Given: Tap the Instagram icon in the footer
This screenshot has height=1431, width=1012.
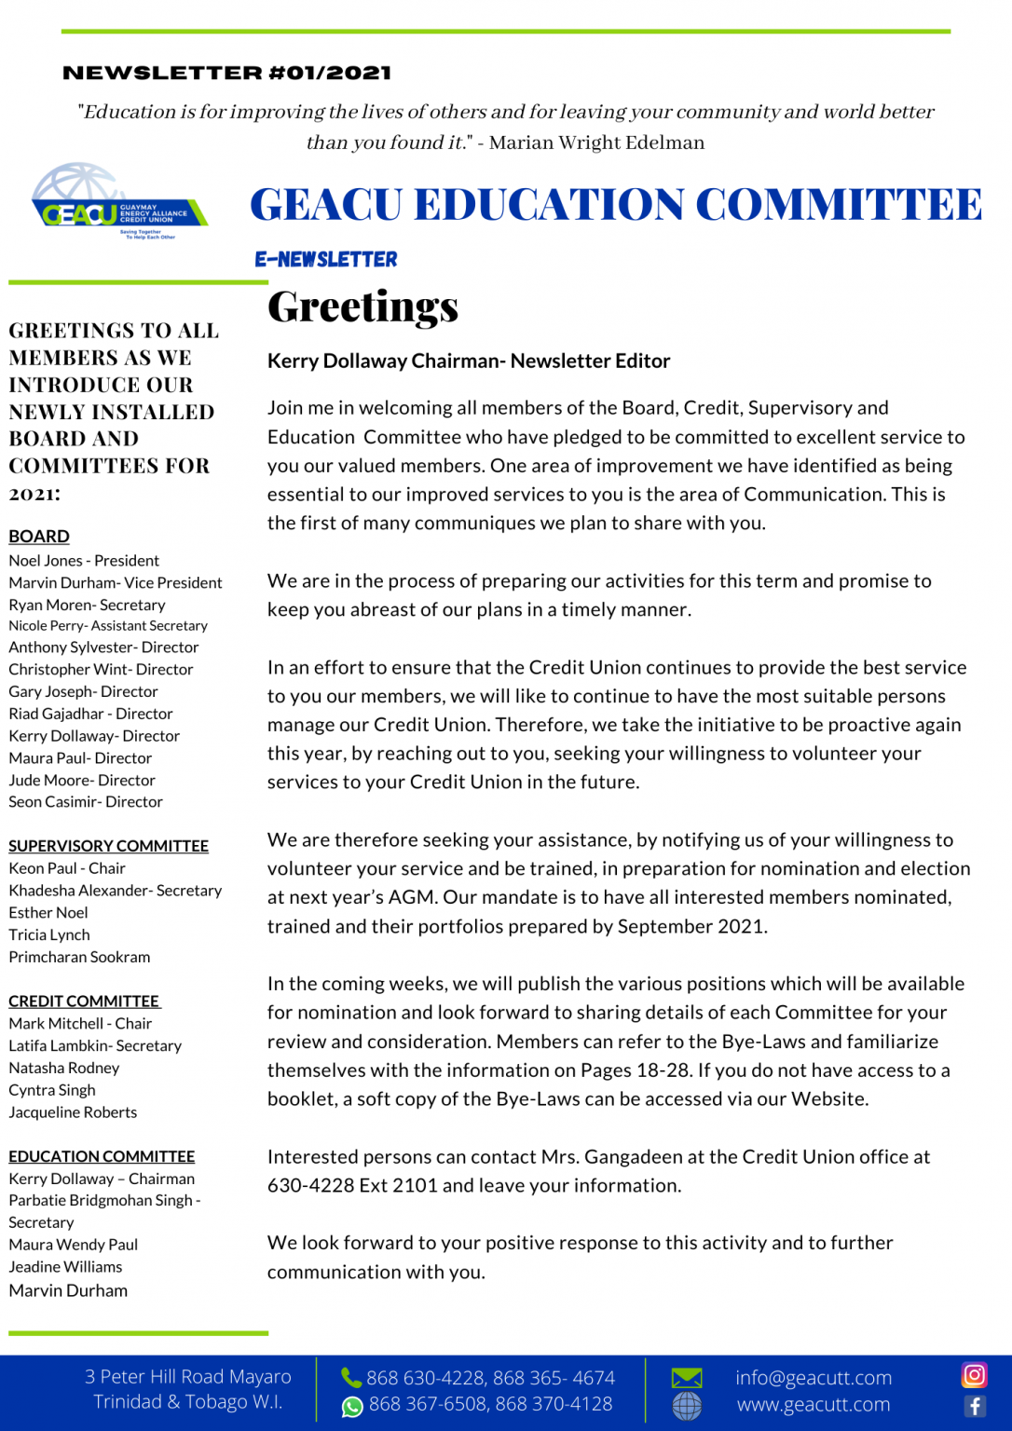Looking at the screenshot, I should click(974, 1374).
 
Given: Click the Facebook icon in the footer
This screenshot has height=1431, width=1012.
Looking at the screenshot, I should click(975, 1406).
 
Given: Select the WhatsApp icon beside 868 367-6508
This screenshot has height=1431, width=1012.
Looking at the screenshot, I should click(352, 1406).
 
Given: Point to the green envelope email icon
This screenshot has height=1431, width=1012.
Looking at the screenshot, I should click(687, 1377).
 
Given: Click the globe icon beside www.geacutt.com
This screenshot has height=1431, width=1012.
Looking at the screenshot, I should click(687, 1405).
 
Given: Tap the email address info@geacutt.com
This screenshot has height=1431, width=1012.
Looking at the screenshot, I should click(813, 1377).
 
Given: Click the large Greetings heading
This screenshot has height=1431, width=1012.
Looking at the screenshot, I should click(362, 307).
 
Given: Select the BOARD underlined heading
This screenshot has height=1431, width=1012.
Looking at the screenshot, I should click(39, 537).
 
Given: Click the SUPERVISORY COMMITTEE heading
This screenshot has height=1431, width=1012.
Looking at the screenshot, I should click(108, 846).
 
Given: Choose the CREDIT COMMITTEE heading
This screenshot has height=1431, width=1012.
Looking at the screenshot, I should click(84, 1001).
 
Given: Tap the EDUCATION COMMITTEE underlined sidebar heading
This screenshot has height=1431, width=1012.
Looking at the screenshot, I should click(102, 1156).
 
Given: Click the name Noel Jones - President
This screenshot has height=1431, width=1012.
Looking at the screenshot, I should click(84, 561).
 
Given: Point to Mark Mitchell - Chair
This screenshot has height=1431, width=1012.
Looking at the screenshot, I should click(80, 1023).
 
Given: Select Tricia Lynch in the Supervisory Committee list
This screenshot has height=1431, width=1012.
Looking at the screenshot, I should click(49, 934).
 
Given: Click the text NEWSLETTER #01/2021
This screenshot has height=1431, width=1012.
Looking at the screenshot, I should click(226, 73).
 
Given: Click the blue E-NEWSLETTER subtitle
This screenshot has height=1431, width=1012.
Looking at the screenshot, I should click(326, 259).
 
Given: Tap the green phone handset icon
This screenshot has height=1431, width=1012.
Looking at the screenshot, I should click(351, 1377).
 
